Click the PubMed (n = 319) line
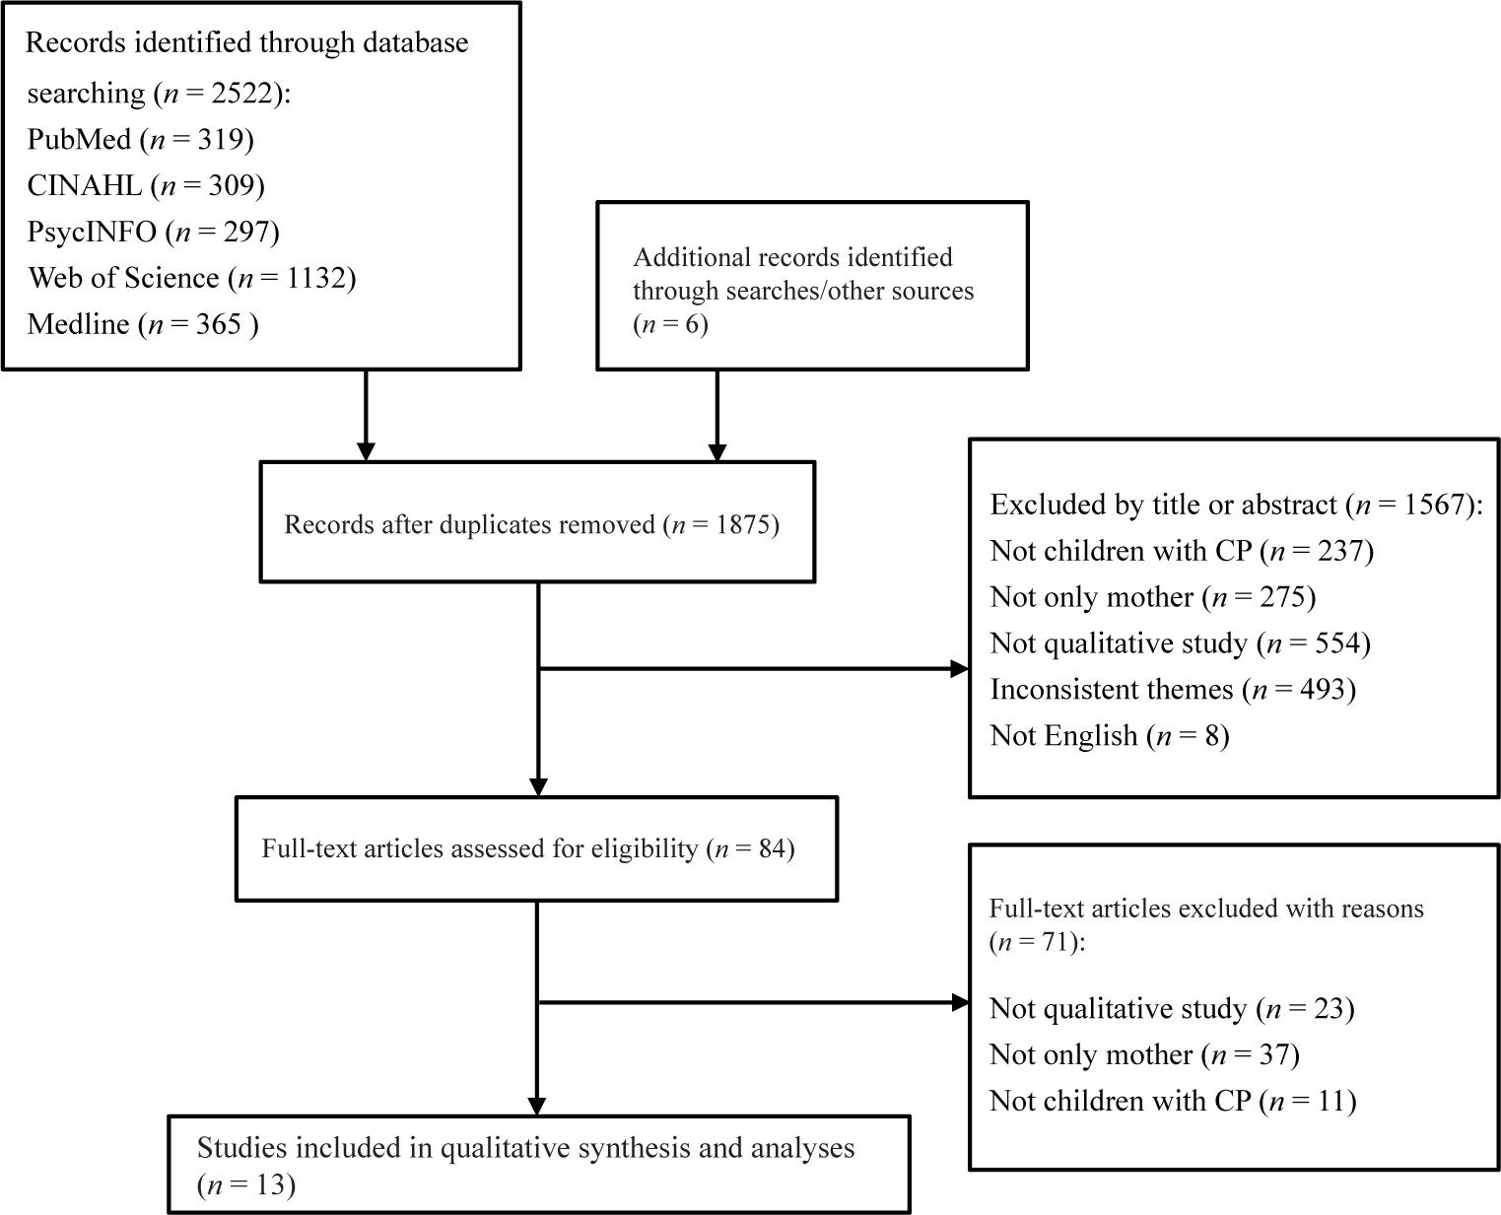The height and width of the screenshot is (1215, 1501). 140,140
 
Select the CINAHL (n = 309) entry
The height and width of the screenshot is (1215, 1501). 146,186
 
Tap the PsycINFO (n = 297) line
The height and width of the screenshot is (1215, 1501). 153,232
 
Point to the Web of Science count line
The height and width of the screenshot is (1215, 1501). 191,278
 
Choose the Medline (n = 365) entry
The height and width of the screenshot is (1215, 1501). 142,325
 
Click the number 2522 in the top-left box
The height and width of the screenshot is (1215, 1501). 241,94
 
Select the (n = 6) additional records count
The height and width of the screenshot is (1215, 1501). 670,324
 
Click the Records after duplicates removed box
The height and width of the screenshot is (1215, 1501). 538,522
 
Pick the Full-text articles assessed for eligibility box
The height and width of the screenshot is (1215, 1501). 537,849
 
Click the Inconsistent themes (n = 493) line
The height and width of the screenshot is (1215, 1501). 1174,690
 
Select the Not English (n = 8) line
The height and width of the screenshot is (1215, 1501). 1110,736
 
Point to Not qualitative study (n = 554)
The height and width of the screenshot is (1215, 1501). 1181,643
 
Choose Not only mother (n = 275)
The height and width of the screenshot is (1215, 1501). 1153,597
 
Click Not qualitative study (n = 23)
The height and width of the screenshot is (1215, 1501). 1172,1009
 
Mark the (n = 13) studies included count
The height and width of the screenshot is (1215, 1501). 246,1185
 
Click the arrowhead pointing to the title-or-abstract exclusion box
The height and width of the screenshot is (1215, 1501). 960,669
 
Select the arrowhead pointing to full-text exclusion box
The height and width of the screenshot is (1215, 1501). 960,1003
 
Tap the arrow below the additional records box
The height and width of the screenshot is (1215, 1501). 716,416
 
